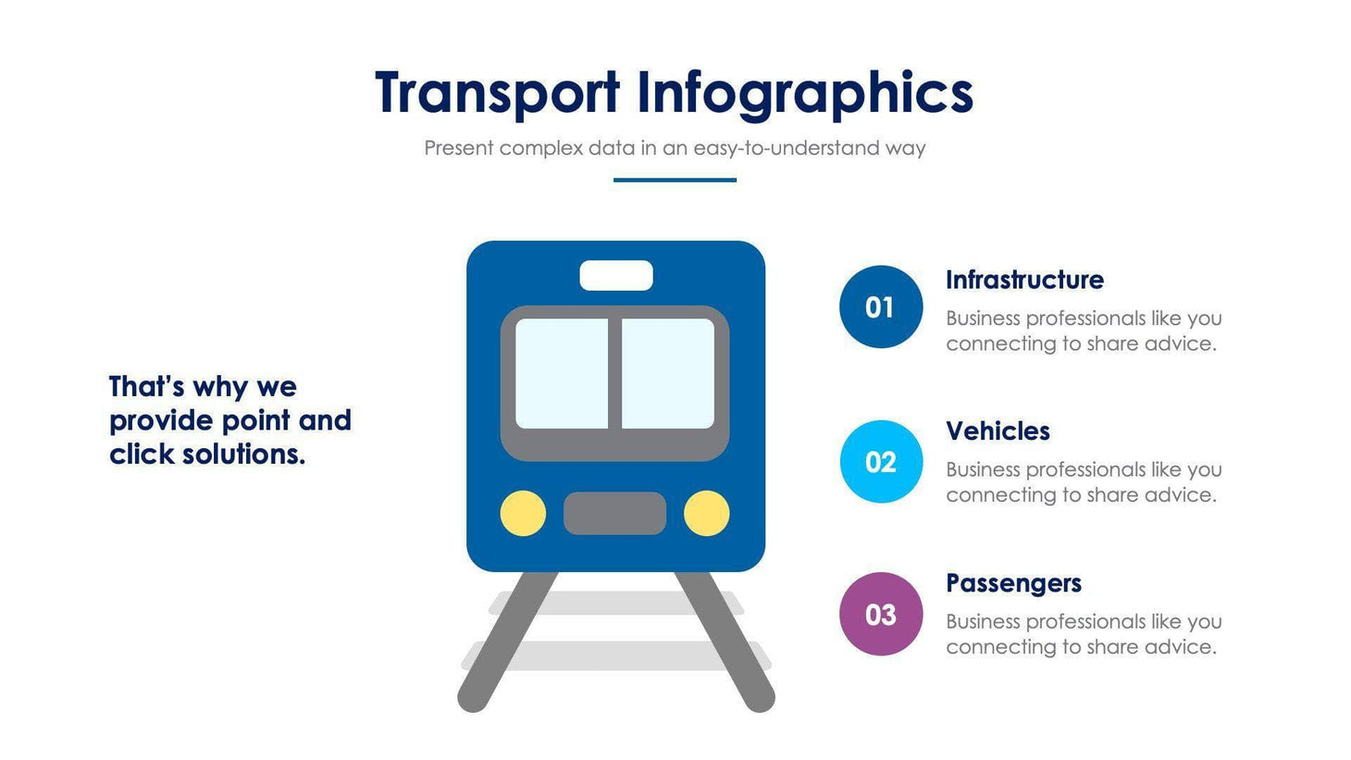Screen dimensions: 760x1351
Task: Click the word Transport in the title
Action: point(497,93)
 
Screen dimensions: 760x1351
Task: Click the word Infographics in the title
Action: point(804,93)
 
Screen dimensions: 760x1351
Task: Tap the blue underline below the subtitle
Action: point(675,180)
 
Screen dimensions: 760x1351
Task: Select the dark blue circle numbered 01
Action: point(880,306)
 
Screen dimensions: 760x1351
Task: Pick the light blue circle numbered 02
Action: point(880,461)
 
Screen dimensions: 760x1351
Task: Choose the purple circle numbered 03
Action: point(880,614)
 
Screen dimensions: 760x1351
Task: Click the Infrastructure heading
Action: point(1024,280)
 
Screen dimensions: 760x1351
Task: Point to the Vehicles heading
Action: point(998,431)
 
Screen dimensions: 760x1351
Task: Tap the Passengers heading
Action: point(1013,583)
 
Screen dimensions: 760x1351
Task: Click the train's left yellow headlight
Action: point(523,513)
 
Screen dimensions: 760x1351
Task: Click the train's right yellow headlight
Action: point(706,513)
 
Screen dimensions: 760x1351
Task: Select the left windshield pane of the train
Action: point(562,374)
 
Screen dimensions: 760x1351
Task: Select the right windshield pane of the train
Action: point(667,374)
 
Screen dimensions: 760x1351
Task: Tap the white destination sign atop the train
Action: point(615,275)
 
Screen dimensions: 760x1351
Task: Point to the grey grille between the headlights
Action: point(614,513)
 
